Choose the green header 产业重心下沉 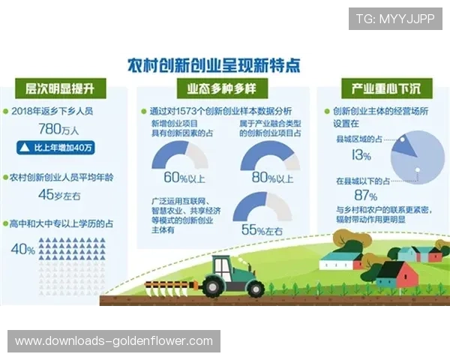click(x=385, y=88)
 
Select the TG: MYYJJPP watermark click(x=395, y=19)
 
